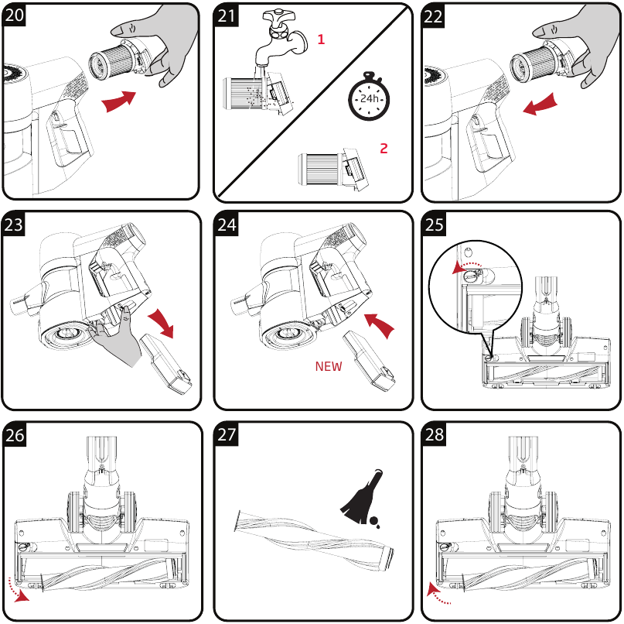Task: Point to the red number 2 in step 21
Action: point(384,148)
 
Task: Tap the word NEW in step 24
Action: point(329,367)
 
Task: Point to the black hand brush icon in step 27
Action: point(360,499)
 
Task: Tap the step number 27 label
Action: point(226,435)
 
